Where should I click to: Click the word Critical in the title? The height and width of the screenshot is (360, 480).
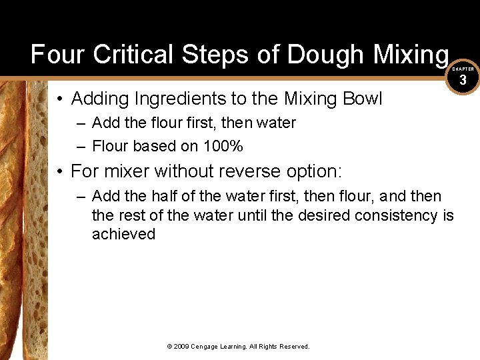coord(129,54)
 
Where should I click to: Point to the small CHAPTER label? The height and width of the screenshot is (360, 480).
coord(463,69)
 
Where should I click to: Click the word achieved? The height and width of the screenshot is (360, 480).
coord(123,234)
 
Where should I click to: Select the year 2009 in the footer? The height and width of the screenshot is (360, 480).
coord(181,347)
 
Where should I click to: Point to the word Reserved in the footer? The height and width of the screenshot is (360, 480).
coord(295,347)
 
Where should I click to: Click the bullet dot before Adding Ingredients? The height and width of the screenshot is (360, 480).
coord(60,99)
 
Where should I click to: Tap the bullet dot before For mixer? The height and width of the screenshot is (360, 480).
coord(60,172)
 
